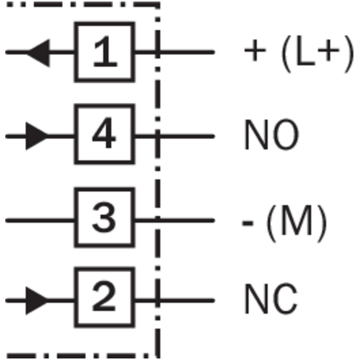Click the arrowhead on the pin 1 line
coord(38,53)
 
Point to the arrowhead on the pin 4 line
coord(37,136)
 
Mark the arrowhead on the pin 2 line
coord(37,301)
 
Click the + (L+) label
coord(299,54)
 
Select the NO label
coord(272,134)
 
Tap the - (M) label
coord(285,223)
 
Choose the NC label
coord(272,299)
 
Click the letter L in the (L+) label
coord(306,51)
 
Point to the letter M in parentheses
coord(296,220)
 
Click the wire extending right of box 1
coord(175,52)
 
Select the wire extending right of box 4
coord(175,137)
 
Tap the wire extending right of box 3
coord(175,220)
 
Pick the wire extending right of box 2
coord(175,300)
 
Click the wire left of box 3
coord(40,220)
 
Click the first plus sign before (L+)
coord(255,50)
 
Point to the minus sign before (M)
coord(248,223)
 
